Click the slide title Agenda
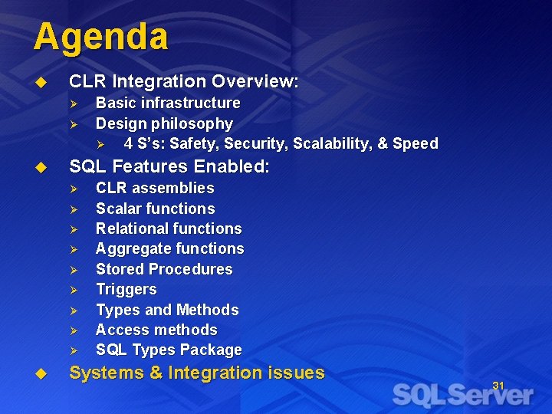tap(100, 37)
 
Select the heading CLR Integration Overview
tap(184, 81)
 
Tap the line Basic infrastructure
tap(167, 103)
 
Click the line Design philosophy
tap(164, 123)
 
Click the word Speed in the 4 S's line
tap(415, 143)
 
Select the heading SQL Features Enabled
tap(169, 166)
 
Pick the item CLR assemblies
tap(155, 188)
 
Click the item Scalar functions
tap(155, 209)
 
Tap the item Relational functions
tap(169, 228)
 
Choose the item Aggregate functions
tap(169, 248)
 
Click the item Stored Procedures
tap(164, 269)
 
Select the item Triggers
tap(126, 289)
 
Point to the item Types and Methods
tap(167, 310)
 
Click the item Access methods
tap(156, 330)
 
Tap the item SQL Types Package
tap(169, 350)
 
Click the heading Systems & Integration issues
tap(197, 373)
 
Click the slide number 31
tap(498, 386)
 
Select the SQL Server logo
tap(462, 395)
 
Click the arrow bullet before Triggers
tap(74, 290)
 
